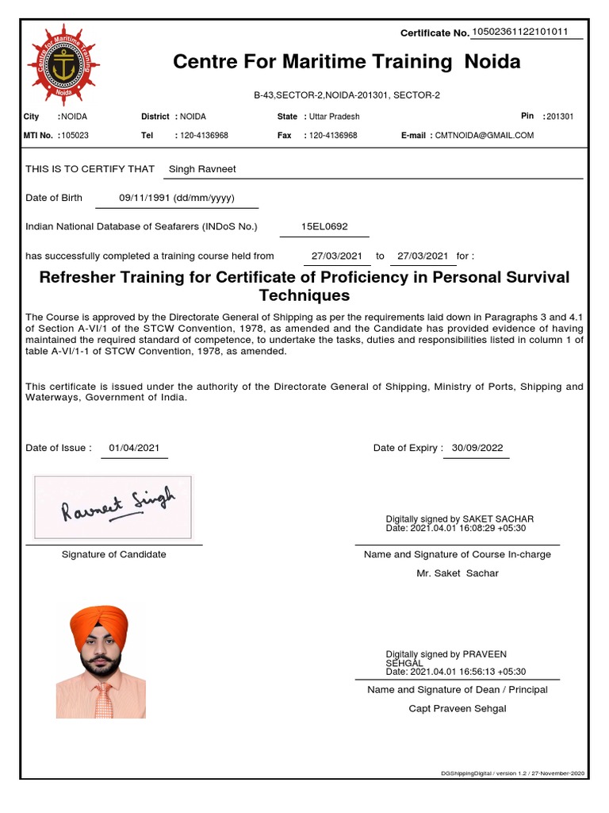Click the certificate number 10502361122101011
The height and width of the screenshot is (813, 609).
pyautogui.click(x=519, y=32)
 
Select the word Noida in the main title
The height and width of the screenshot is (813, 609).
pyautogui.click(x=492, y=62)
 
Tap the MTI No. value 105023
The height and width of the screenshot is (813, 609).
pyautogui.click(x=75, y=136)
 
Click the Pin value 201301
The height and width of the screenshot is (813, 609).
pyautogui.click(x=560, y=117)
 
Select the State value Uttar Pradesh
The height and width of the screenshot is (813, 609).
pyautogui.click(x=334, y=117)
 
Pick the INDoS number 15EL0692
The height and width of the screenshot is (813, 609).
pyautogui.click(x=324, y=226)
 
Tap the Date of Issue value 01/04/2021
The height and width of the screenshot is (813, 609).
pyautogui.click(x=135, y=448)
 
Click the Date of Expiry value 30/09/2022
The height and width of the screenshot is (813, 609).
pyautogui.click(x=477, y=448)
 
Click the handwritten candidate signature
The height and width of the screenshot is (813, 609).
pyautogui.click(x=117, y=506)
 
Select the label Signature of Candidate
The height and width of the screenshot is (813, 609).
pyautogui.click(x=113, y=554)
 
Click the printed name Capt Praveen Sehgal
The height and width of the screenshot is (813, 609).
pyautogui.click(x=457, y=708)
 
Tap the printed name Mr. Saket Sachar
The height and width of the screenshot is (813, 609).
pyautogui.click(x=457, y=573)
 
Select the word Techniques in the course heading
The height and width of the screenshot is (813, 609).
pyautogui.click(x=304, y=295)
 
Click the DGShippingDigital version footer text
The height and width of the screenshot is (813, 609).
pyautogui.click(x=513, y=773)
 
